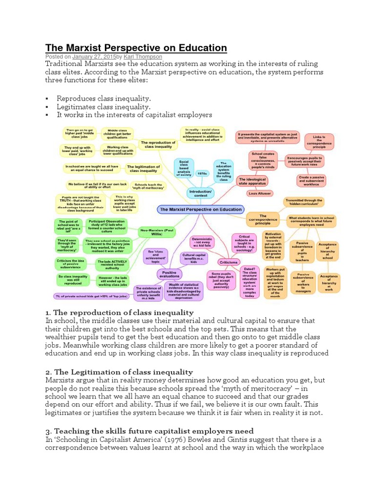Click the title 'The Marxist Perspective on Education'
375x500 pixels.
coord(136,47)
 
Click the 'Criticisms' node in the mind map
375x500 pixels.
coord(229,262)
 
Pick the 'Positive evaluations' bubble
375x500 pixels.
coord(168,274)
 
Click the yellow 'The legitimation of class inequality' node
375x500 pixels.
coord(143,168)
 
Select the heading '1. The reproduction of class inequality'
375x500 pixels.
coord(120,312)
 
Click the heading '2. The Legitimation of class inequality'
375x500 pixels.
coord(119,372)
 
